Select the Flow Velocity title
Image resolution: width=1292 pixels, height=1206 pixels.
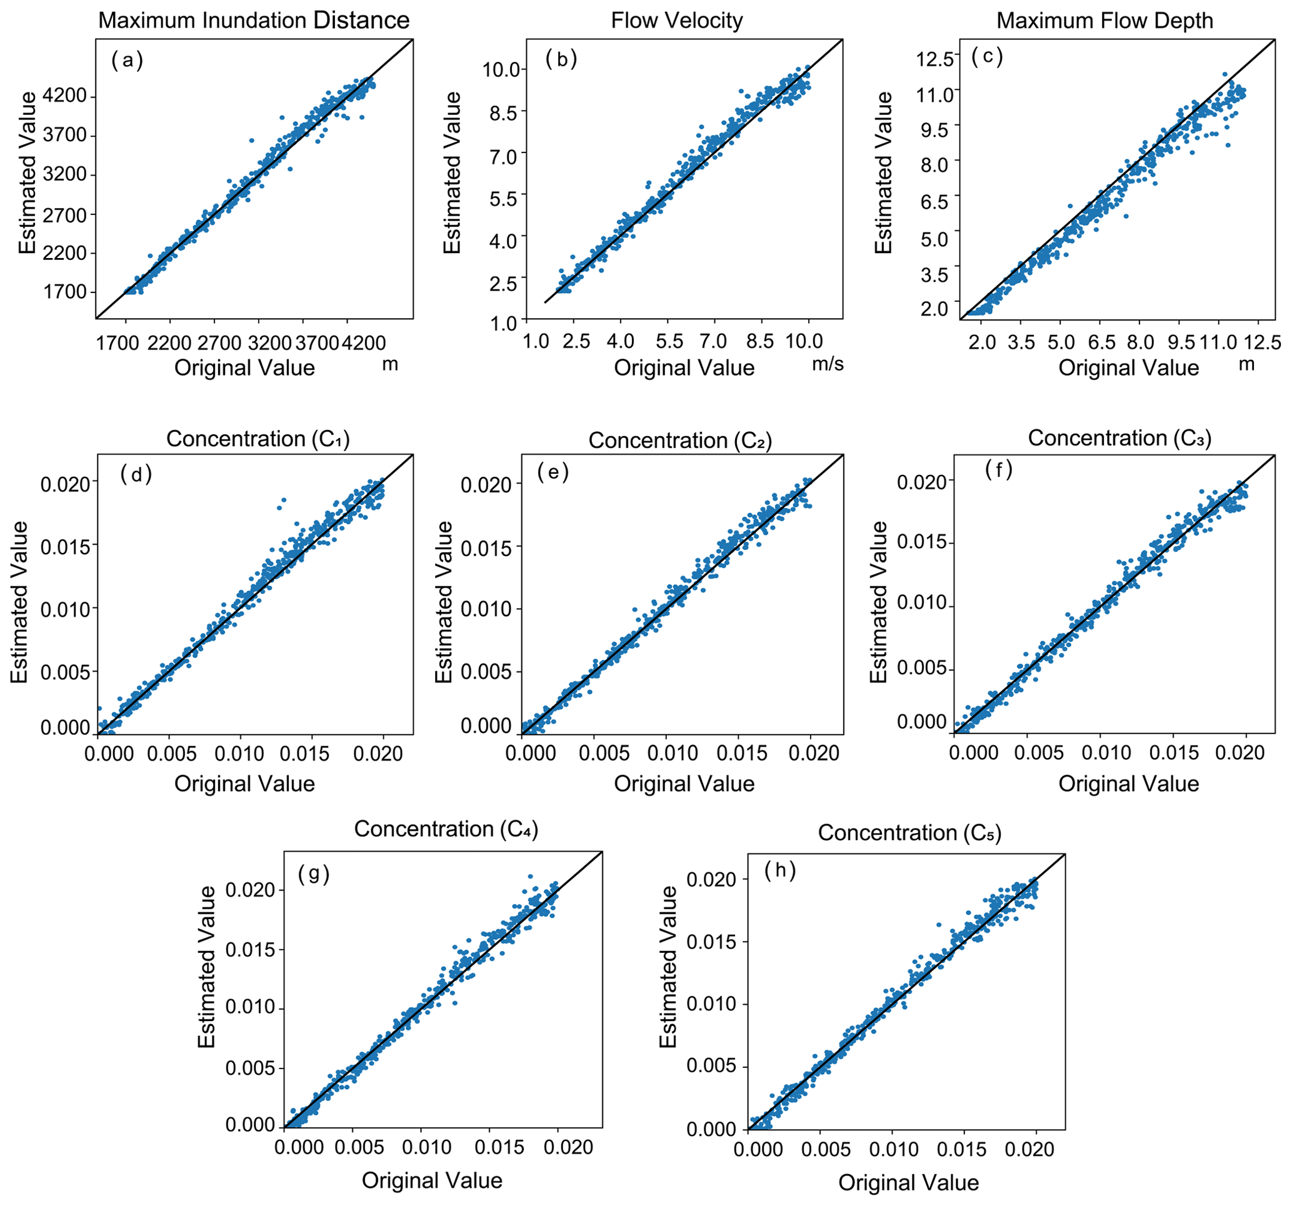click(x=676, y=21)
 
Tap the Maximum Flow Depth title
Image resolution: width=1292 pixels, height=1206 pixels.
click(x=1104, y=21)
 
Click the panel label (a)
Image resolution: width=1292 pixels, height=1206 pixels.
click(x=127, y=61)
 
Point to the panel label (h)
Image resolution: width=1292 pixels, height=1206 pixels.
click(x=780, y=870)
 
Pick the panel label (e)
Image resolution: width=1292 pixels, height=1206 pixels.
click(x=553, y=472)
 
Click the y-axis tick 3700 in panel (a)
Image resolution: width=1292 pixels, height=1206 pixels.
click(x=64, y=136)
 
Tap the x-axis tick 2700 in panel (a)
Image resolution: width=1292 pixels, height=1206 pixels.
click(x=219, y=342)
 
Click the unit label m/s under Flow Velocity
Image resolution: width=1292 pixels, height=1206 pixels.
click(x=828, y=364)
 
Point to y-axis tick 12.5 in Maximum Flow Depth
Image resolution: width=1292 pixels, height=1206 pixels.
click(x=934, y=59)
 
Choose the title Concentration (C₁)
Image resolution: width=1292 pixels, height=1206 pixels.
click(x=258, y=439)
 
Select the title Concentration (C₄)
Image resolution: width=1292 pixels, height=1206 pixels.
click(x=446, y=829)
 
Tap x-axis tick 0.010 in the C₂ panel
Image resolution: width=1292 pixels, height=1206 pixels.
click(x=673, y=753)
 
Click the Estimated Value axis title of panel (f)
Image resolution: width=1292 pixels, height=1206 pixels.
click(x=878, y=602)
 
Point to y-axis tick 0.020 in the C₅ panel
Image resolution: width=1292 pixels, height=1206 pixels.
click(x=712, y=880)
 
